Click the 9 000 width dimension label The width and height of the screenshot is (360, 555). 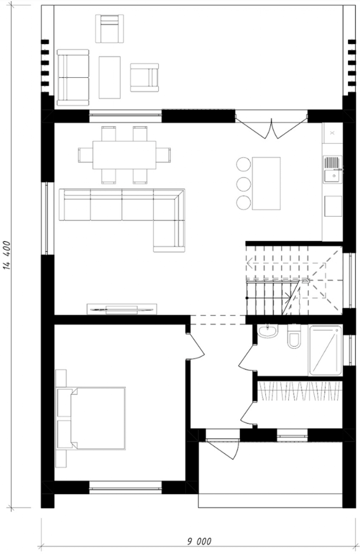click(x=199, y=541)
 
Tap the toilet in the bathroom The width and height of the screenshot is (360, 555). click(x=294, y=336)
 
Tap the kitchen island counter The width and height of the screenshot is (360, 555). click(x=266, y=183)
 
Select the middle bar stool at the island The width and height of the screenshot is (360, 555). click(x=244, y=184)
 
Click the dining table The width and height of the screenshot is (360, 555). click(x=124, y=155)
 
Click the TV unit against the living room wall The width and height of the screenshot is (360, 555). click(x=122, y=309)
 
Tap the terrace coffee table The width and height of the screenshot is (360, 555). click(x=110, y=77)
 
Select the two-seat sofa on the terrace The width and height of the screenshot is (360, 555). click(x=73, y=77)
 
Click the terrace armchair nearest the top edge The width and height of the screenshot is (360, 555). click(x=110, y=28)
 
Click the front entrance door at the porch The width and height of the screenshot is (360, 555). click(x=223, y=450)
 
